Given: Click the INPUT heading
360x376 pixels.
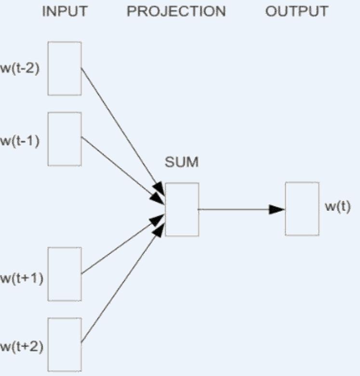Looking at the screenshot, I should [x=65, y=12].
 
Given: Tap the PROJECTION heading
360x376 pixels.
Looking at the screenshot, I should [x=176, y=12].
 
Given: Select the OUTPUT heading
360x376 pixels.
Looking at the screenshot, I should [x=297, y=12].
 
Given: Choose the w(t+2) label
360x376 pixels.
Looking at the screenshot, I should [x=21, y=347].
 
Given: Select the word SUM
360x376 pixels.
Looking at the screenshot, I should [x=182, y=162].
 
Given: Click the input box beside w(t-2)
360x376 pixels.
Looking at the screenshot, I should [x=65, y=68].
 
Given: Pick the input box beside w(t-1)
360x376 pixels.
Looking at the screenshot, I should [x=65, y=139].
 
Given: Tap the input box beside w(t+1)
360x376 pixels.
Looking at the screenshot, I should [x=65, y=274].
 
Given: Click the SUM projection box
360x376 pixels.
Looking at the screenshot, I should [x=182, y=209].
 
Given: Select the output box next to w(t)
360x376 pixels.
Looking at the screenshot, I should [x=302, y=208].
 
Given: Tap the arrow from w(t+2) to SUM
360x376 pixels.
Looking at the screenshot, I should [x=120, y=286].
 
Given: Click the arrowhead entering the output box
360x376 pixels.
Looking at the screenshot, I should [x=277, y=209].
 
